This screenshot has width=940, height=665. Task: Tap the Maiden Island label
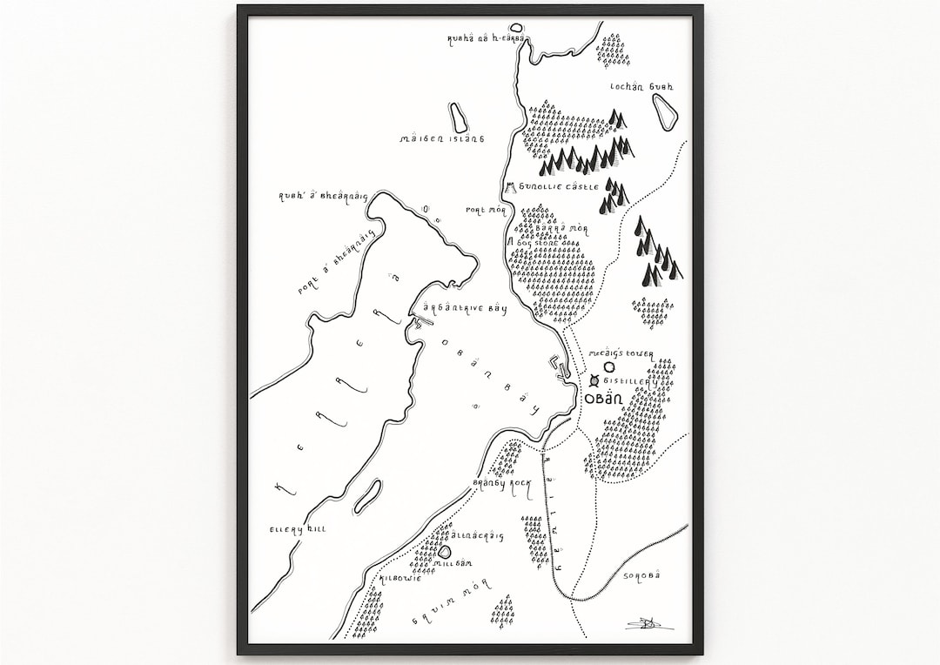pos(441,138)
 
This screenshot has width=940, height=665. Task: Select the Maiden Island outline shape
pos(456,118)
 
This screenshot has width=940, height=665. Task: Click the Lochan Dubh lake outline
pos(664,111)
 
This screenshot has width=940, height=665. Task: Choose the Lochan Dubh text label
pos(642,87)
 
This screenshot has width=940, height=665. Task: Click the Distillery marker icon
pos(594,381)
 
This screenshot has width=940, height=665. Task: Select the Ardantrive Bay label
pos(464,309)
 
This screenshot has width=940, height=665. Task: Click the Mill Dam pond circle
pos(445,550)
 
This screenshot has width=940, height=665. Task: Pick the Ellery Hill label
pos(298,528)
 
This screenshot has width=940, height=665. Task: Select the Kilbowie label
pos(399,577)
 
